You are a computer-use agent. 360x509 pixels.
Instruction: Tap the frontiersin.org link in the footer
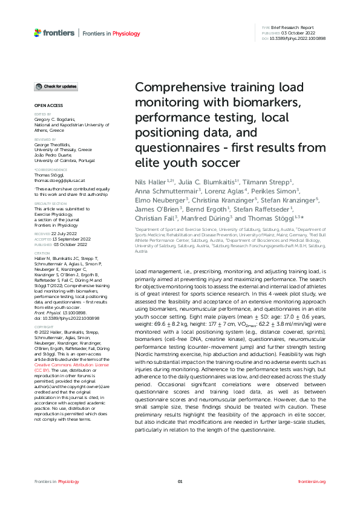(312, 481)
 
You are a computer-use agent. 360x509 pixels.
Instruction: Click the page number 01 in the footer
(180, 481)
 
